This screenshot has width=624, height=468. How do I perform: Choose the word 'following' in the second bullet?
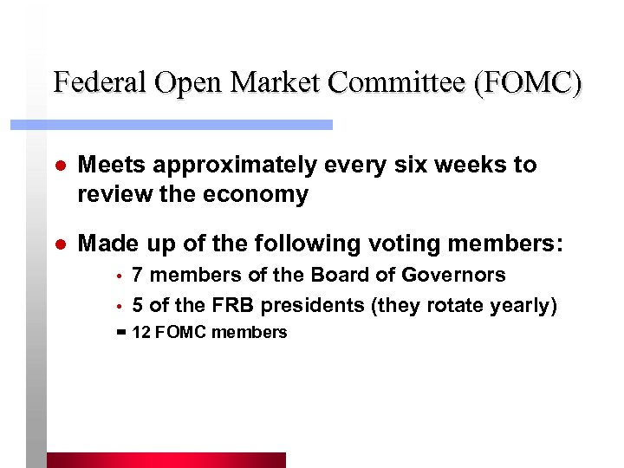[x=300, y=245]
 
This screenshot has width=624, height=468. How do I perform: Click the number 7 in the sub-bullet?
[x=138, y=276]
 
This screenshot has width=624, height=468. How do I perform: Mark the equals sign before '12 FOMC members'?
[x=120, y=332]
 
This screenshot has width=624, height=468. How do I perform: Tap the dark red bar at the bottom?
[x=166, y=459]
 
